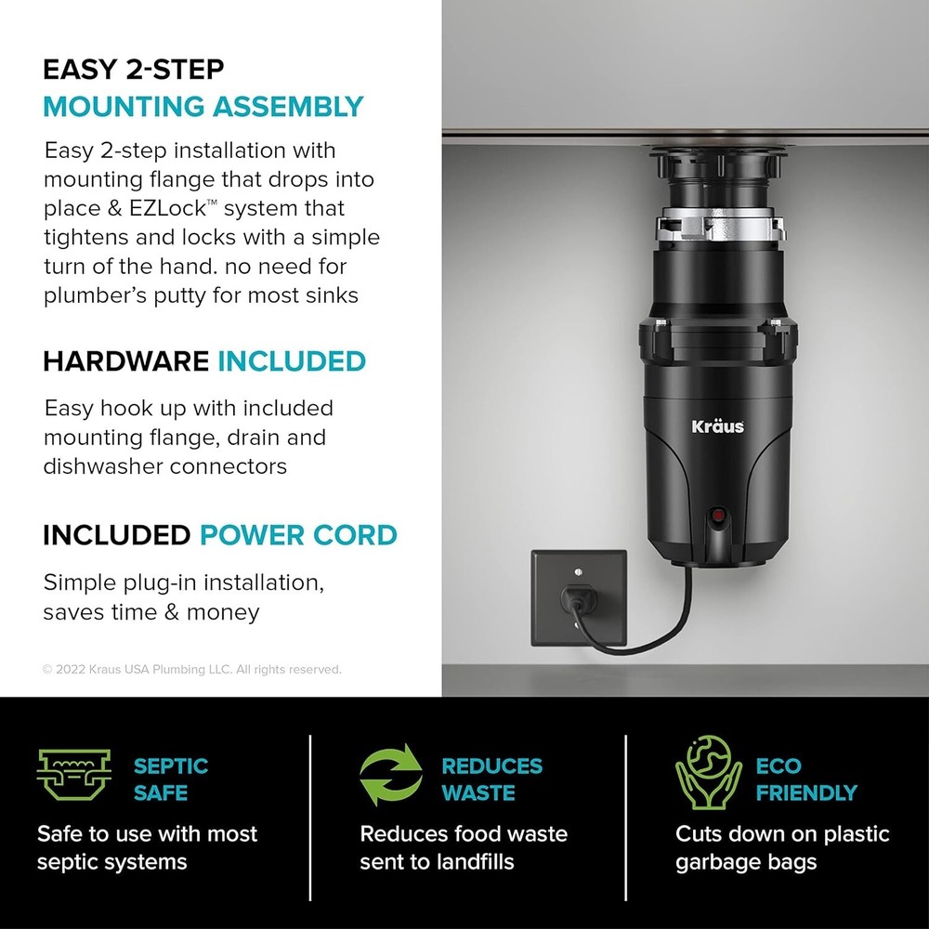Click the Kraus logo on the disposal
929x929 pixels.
pyautogui.click(x=717, y=426)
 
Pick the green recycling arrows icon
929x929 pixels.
pyautogui.click(x=390, y=779)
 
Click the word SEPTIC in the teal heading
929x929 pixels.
pyautogui.click(x=171, y=766)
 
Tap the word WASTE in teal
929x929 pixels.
pyautogui.click(x=478, y=793)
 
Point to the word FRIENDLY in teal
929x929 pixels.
pyautogui.click(x=805, y=793)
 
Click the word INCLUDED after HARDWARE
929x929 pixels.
pyautogui.click(x=291, y=360)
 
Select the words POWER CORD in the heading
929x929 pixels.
pyautogui.click(x=298, y=535)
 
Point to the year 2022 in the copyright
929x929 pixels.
pyautogui.click(x=71, y=669)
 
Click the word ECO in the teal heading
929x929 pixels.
pyautogui.click(x=779, y=766)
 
